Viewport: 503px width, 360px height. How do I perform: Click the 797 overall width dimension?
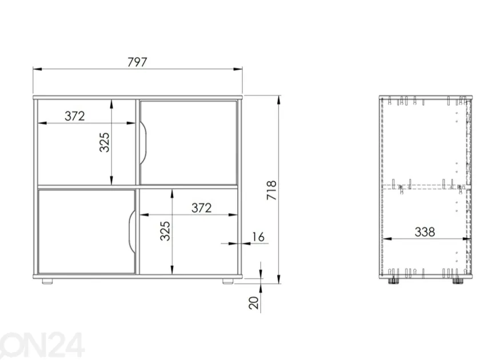[137, 62]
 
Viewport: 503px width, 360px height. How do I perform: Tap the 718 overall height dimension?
[272, 190]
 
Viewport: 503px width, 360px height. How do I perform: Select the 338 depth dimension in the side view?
[425, 232]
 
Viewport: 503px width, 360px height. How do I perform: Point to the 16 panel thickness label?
[258, 237]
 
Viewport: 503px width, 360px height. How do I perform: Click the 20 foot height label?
[254, 303]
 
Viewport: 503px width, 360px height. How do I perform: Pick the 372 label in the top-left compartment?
[75, 116]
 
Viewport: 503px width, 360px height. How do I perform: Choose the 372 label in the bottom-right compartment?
[201, 208]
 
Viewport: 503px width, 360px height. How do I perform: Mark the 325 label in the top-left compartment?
[104, 142]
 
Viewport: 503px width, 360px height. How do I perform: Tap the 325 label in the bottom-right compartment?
[165, 231]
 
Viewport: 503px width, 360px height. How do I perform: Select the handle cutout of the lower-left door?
[132, 231]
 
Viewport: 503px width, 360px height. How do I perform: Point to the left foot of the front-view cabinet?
[47, 281]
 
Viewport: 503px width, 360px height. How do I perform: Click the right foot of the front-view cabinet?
[228, 281]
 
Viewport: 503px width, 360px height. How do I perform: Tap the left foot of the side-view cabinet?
[392, 281]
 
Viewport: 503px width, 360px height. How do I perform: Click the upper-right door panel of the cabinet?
[189, 143]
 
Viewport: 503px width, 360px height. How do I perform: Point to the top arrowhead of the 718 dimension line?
[279, 99]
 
